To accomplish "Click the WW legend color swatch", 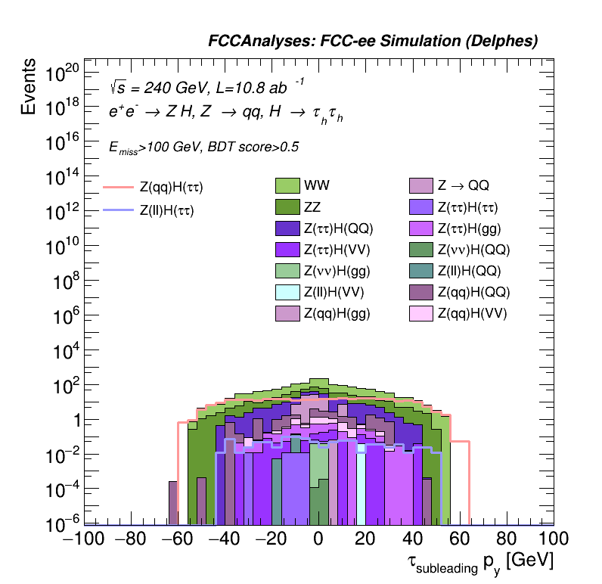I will coord(288,185).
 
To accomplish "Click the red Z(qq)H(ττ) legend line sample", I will coord(118,187).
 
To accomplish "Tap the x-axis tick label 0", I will coord(318,540).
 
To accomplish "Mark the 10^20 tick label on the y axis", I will coord(63,73).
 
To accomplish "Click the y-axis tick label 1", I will coord(75,421).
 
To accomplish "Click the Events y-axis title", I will coord(29,87).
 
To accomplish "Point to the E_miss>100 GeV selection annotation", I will coord(203,148).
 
